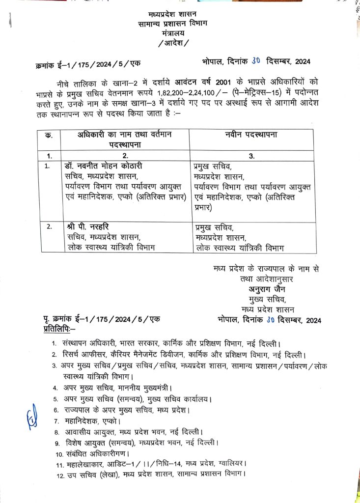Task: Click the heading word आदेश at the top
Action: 171,43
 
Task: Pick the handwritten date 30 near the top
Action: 256,61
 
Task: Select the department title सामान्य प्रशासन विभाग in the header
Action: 171,24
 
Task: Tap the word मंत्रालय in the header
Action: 171,33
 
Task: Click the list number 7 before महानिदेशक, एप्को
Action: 57,421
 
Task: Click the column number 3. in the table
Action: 251,156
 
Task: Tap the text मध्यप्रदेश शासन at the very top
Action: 171,15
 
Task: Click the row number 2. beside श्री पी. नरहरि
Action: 49,227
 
